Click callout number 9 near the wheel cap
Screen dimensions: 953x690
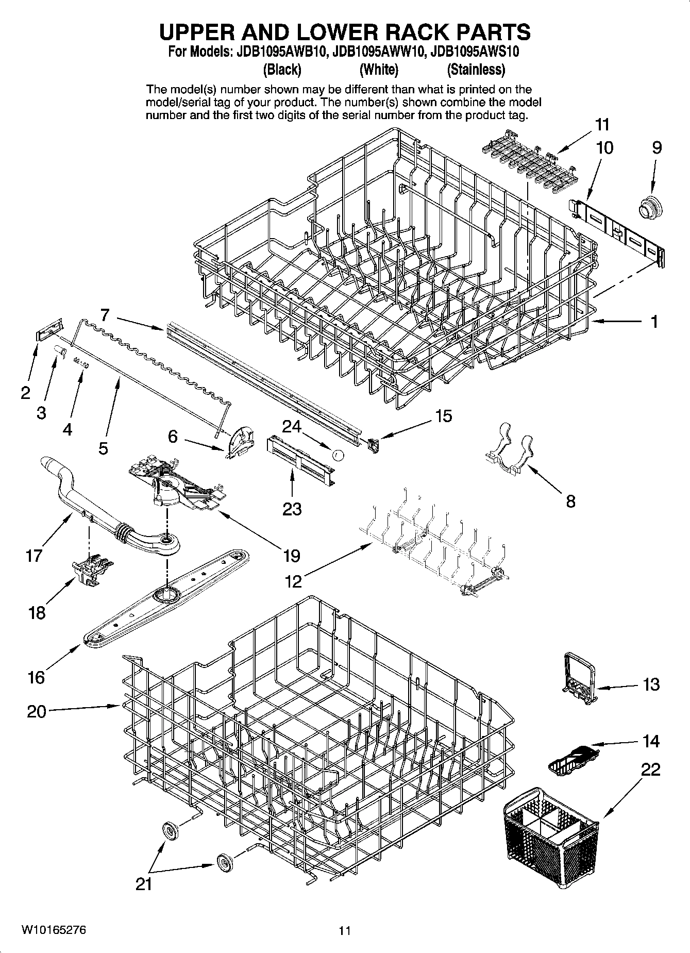(x=656, y=148)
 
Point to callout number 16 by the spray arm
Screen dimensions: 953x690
(x=36, y=677)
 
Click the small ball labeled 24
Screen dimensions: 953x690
(x=338, y=455)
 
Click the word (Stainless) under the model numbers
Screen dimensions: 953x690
(x=476, y=69)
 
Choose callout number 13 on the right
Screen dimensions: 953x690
(x=651, y=684)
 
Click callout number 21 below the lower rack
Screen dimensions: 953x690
(x=144, y=884)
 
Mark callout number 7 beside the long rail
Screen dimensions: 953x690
(x=105, y=314)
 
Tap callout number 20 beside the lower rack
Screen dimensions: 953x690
(x=36, y=712)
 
